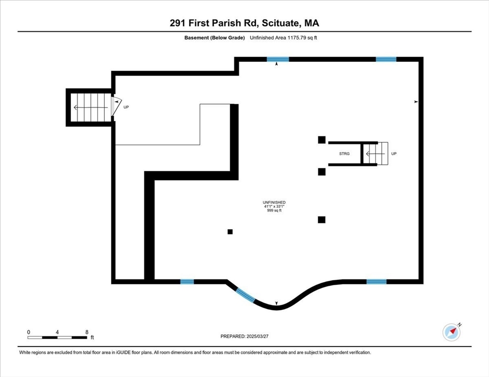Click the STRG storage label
coord(344,154)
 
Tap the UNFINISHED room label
coord(274,202)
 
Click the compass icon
coord(451,332)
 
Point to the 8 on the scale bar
coord(87,332)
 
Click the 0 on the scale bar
coord(29,332)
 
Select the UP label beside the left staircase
coord(126,107)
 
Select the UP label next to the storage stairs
coord(394,154)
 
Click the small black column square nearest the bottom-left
coord(230,232)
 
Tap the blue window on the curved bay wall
coord(245,296)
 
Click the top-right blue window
coord(386,59)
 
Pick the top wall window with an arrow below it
coord(278,59)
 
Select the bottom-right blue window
coord(376,282)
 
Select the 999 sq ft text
coord(274,211)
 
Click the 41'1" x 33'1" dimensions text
coord(274,207)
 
